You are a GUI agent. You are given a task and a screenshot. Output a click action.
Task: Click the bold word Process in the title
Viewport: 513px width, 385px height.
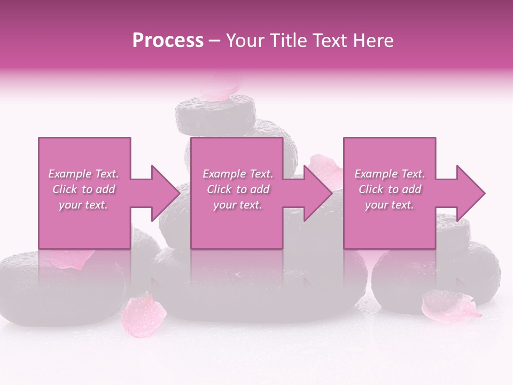pos(168,41)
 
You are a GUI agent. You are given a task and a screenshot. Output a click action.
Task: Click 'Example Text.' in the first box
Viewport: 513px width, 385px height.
pos(84,174)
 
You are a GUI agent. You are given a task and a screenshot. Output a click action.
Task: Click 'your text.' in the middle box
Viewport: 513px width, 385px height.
pos(237,205)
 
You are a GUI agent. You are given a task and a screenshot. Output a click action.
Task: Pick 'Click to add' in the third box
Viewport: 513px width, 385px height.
pos(390,189)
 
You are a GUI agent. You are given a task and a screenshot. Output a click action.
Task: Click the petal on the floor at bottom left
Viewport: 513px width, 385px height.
pos(143,316)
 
